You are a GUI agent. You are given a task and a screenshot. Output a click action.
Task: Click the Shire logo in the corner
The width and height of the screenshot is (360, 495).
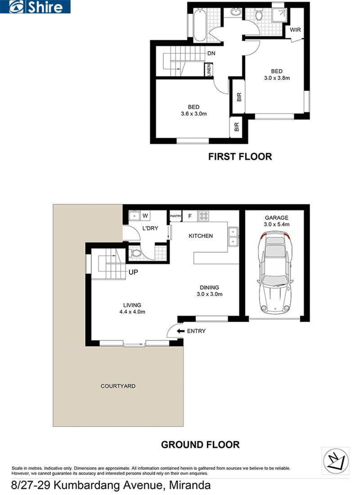point(35,7)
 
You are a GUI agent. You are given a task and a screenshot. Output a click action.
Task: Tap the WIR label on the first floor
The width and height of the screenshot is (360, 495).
point(295,30)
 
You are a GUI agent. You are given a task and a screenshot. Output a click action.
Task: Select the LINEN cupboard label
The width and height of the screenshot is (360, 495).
point(209,70)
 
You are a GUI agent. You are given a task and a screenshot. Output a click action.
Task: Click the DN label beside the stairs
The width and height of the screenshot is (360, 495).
point(211,54)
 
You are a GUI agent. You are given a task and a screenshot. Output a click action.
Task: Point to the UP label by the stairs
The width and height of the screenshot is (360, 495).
point(133,272)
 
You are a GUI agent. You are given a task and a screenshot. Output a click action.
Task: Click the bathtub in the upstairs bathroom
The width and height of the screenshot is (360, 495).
point(199,25)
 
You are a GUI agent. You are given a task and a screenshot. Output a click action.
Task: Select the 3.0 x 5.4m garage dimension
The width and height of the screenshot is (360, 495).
point(277,224)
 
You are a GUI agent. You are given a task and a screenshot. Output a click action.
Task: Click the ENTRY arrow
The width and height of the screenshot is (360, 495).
point(181,331)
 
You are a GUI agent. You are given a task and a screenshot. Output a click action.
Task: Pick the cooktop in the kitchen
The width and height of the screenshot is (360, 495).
point(203,216)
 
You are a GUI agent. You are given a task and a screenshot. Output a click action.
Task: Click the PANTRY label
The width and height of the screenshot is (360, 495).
point(176,216)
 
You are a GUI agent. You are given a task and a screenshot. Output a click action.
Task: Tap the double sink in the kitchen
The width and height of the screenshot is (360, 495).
point(233,236)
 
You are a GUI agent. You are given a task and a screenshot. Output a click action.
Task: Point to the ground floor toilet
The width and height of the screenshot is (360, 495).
point(135,253)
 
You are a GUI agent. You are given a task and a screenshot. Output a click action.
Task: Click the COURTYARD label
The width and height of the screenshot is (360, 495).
point(118,386)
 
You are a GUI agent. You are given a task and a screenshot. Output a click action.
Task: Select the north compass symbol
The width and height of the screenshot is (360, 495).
point(336,460)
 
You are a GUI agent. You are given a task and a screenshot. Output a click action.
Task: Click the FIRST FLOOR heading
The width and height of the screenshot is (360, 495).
point(240,156)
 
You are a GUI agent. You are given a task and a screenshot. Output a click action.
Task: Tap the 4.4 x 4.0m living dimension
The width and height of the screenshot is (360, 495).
point(132,312)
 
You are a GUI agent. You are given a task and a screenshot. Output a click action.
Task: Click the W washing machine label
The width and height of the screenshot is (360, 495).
point(145,216)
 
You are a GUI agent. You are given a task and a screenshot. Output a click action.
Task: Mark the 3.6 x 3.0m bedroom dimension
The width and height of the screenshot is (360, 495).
point(194,114)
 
